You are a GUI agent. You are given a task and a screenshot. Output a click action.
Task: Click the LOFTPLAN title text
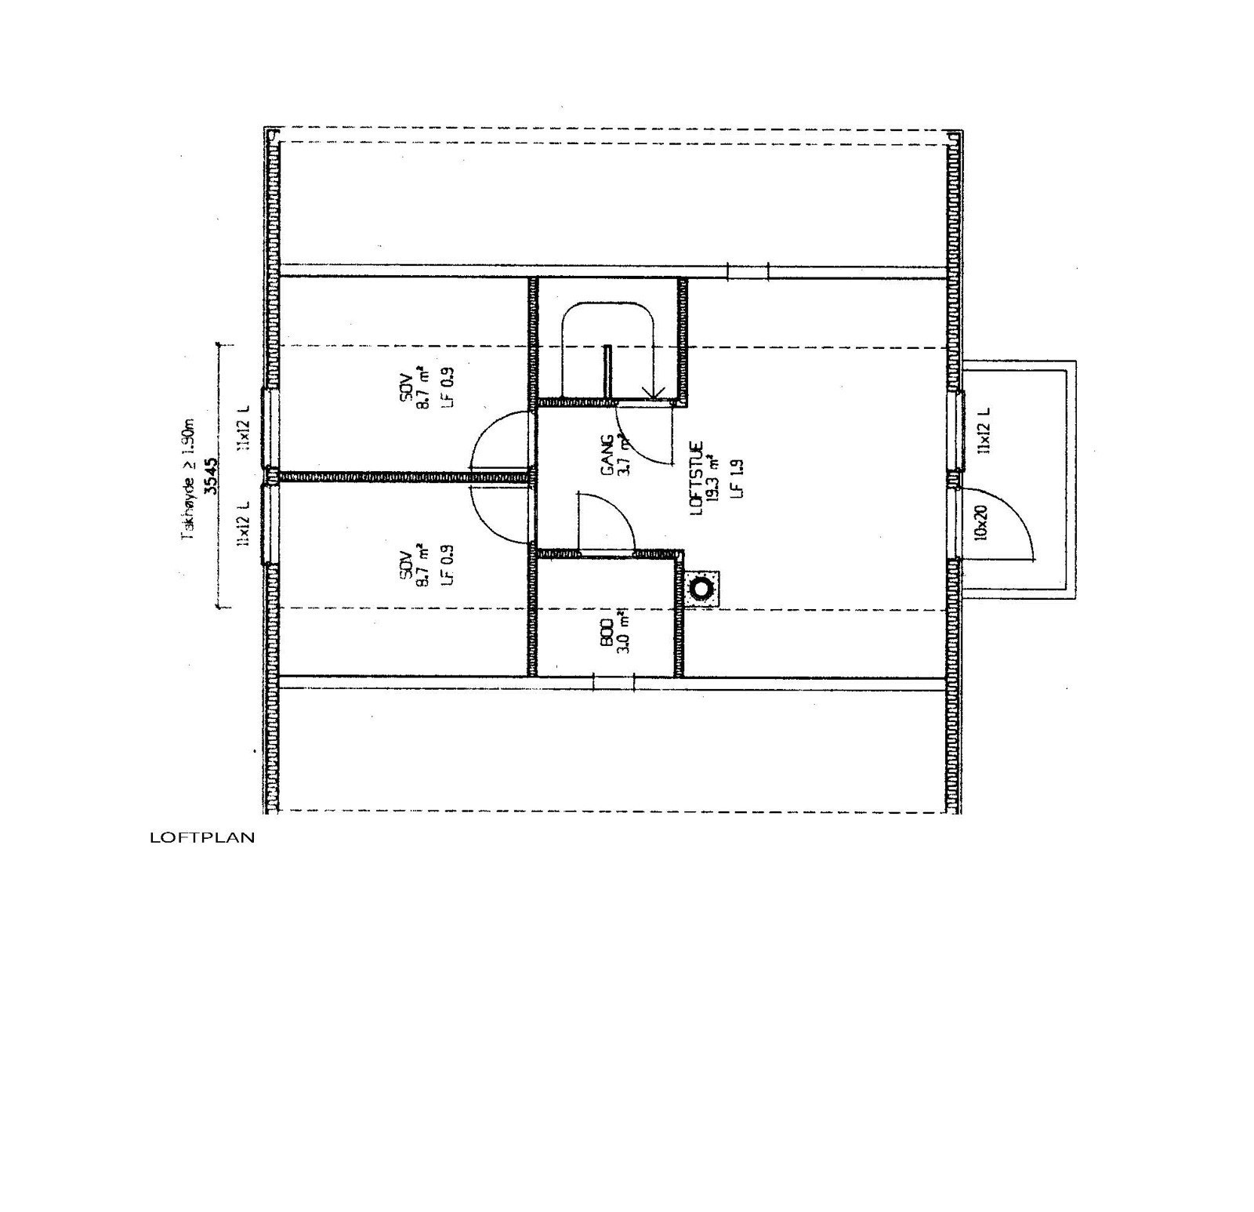[202, 838]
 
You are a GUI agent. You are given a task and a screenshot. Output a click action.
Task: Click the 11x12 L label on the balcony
[984, 430]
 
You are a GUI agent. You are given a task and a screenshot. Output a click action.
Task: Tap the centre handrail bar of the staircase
[606, 372]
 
